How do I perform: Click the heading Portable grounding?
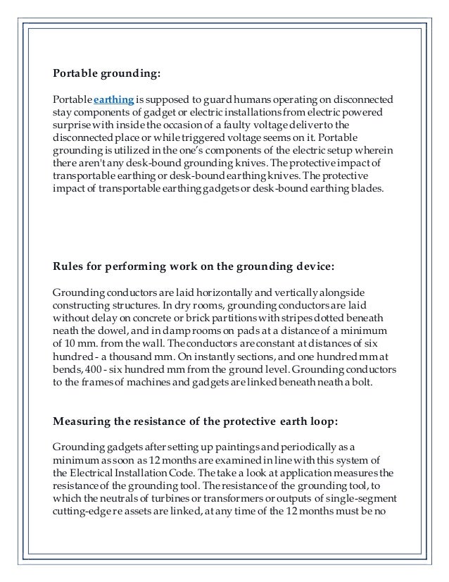pyautogui.click(x=107, y=73)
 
